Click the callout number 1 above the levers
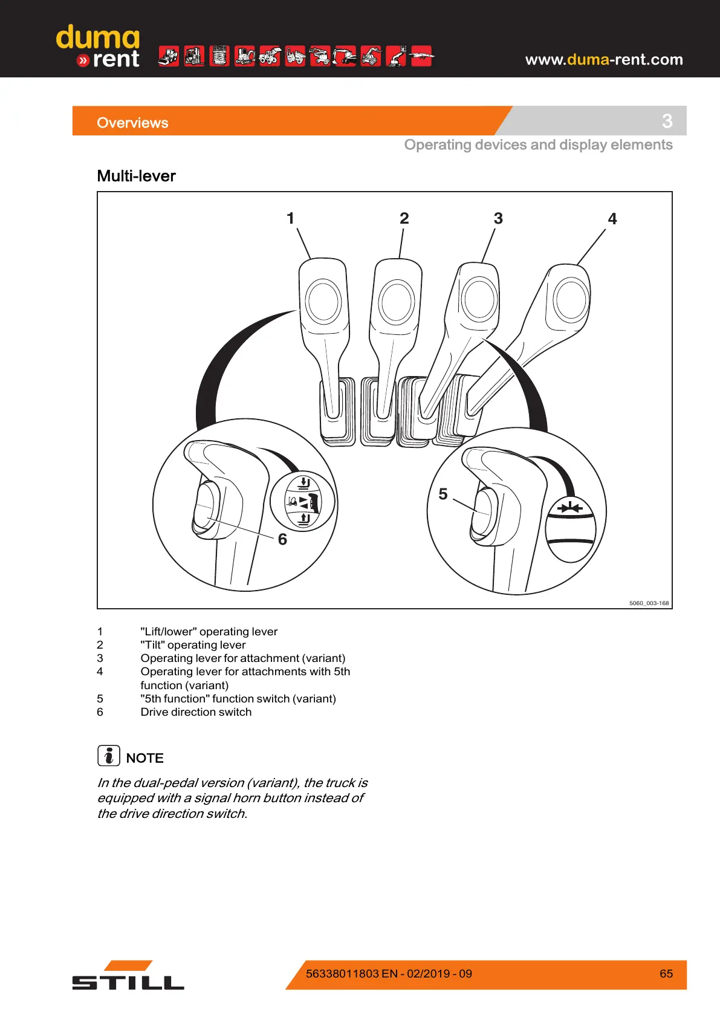click(291, 218)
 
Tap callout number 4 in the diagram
click(612, 219)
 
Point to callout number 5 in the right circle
click(443, 494)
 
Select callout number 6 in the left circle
click(282, 539)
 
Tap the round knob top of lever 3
click(480, 298)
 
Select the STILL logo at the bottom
click(128, 976)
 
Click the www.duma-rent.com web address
click(604, 59)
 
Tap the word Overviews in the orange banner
click(132, 123)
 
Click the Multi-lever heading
click(137, 176)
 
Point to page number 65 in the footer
click(666, 974)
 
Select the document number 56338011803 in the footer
click(343, 974)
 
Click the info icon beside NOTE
click(109, 756)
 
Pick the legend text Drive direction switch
click(196, 712)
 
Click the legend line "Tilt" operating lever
click(193, 645)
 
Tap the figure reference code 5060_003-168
click(649, 603)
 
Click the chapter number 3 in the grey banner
click(667, 121)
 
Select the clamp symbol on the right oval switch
click(570, 508)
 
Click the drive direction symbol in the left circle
click(303, 501)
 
